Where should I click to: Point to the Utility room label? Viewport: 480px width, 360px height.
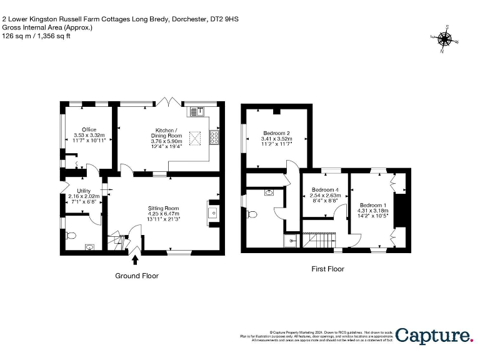[83, 191]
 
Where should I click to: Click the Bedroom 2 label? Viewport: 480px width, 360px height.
[276, 133]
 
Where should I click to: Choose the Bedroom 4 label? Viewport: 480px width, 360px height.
[325, 190]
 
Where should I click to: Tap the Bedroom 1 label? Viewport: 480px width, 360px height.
[372, 205]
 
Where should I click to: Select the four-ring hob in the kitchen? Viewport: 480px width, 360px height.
[214, 137]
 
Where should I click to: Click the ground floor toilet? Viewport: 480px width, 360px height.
[70, 236]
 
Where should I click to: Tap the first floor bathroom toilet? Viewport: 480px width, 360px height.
[252, 214]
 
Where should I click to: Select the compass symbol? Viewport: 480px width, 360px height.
[445, 39]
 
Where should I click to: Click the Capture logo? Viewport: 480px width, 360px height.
[434, 336]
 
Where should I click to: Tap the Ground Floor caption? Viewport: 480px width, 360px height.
[137, 276]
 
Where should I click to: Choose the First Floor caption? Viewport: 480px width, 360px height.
[327, 269]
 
